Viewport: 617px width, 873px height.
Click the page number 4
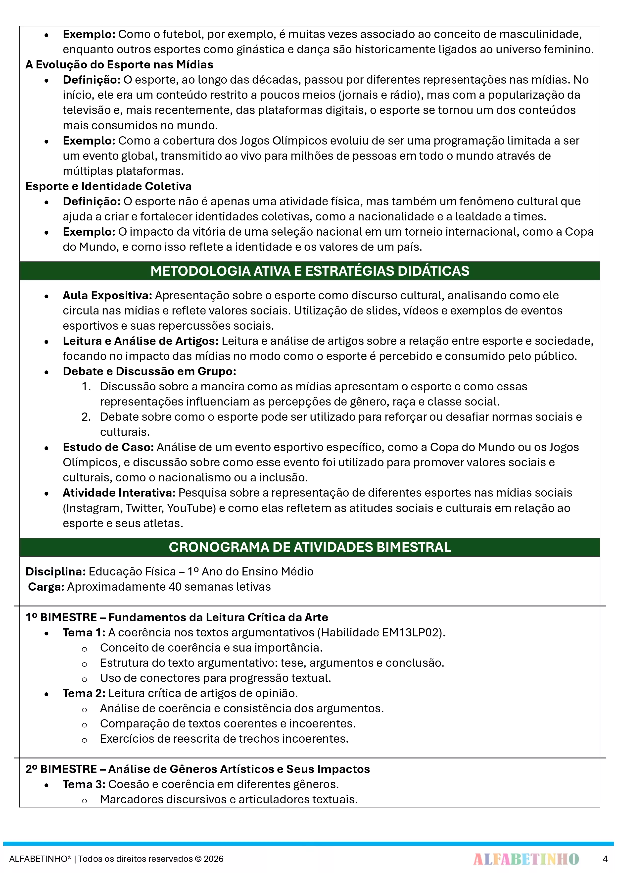pos(605,859)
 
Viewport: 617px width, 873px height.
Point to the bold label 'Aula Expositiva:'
pos(107,295)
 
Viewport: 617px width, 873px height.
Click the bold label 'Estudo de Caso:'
pos(108,447)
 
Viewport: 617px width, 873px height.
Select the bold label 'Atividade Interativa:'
pos(119,493)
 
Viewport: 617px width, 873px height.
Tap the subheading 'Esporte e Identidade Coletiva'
pos(108,186)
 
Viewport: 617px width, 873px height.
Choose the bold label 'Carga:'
pos(46,587)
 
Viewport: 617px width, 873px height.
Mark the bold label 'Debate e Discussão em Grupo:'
pos(149,371)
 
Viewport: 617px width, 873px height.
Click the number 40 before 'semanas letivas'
pos(175,587)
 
